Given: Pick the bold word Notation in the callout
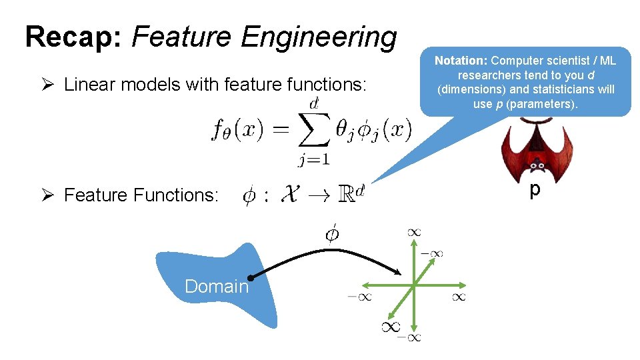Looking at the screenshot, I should (x=461, y=61).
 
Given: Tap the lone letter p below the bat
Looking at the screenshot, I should (x=534, y=191).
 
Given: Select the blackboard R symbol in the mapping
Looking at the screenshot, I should (x=347, y=195).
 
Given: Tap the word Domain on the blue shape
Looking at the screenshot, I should (x=216, y=287).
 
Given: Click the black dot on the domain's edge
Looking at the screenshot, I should (x=249, y=278).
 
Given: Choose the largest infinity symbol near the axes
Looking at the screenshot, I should (x=391, y=326).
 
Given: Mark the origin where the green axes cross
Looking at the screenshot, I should (x=413, y=285).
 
